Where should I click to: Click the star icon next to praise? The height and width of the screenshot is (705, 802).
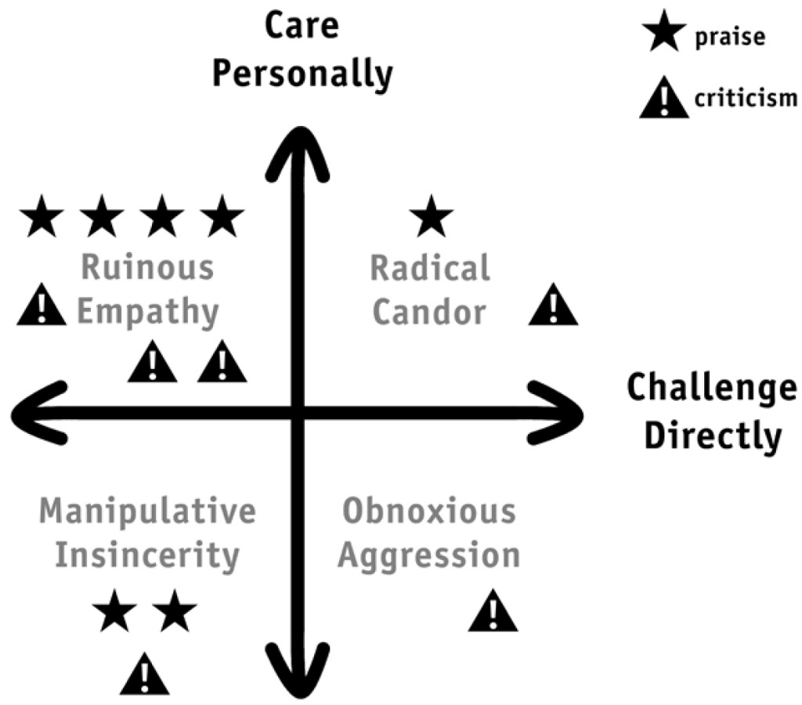click(x=664, y=31)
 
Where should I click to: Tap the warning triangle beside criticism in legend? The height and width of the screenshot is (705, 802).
click(x=664, y=98)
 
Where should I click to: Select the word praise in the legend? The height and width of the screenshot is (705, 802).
click(x=730, y=38)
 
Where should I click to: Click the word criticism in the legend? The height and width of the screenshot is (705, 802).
click(x=746, y=97)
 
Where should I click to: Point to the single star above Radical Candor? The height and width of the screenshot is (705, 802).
click(x=432, y=216)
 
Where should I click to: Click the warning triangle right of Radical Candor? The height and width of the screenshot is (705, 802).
click(x=553, y=305)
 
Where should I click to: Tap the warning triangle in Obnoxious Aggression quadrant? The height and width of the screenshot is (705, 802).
click(x=493, y=610)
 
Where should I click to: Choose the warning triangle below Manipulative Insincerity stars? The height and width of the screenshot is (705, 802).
click(x=144, y=674)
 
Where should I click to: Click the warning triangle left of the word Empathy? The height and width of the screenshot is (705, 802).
click(x=42, y=305)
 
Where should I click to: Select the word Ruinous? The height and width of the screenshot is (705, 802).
click(x=147, y=268)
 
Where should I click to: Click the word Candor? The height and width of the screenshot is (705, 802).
click(x=429, y=312)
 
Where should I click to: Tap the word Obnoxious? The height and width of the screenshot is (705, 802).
click(x=429, y=511)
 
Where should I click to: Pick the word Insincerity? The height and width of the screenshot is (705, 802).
click(x=147, y=555)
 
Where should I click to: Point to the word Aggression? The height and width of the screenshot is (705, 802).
click(x=429, y=555)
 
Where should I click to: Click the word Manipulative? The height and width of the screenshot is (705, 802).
click(x=147, y=511)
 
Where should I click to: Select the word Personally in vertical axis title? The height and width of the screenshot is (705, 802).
click(x=302, y=74)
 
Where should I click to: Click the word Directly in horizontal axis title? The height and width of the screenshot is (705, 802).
click(x=713, y=436)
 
